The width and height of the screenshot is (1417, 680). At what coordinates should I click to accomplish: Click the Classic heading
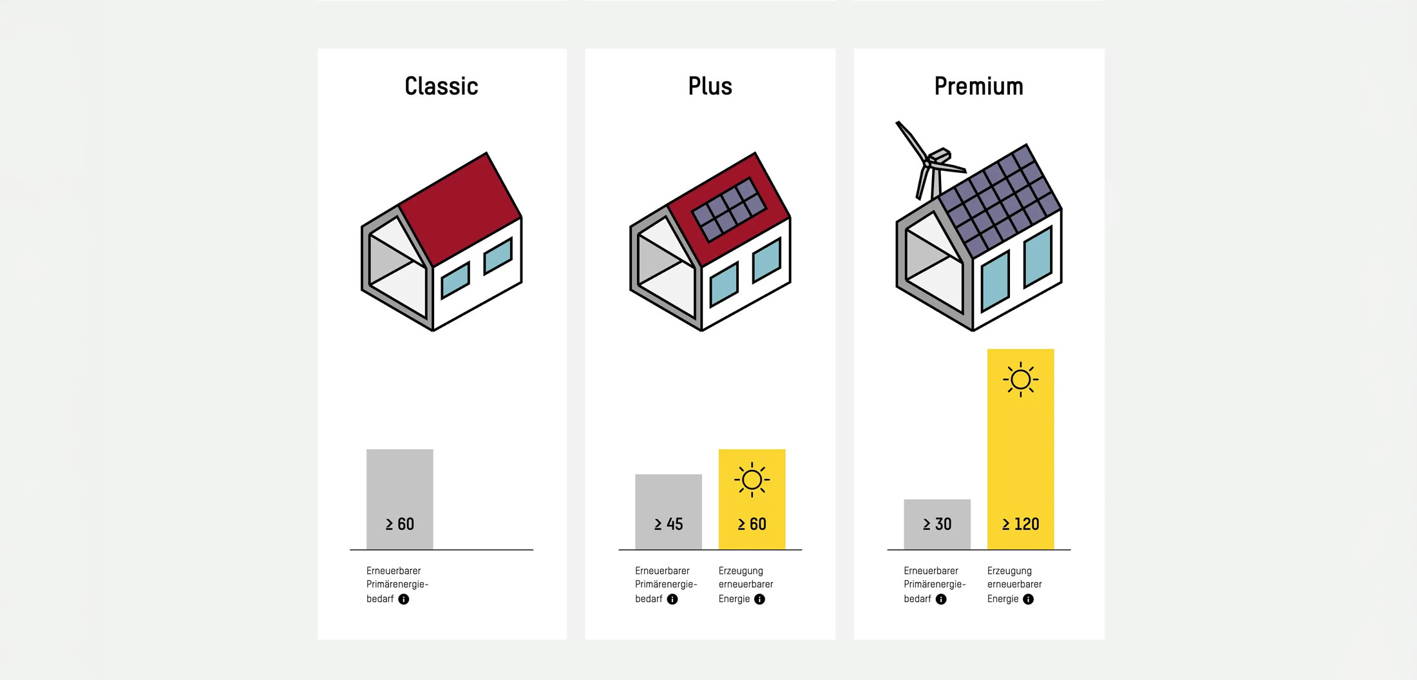[x=441, y=86]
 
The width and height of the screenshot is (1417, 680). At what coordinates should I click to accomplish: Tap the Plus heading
[x=710, y=86]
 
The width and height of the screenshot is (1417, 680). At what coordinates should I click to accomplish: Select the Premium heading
[x=978, y=86]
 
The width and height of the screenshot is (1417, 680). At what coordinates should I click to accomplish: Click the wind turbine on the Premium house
[x=929, y=161]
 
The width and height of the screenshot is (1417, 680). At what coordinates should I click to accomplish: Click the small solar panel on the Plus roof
[x=729, y=209]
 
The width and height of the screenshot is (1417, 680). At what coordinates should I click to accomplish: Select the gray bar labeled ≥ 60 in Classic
[x=400, y=499]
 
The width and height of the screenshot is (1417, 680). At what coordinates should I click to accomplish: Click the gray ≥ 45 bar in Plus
[x=669, y=512]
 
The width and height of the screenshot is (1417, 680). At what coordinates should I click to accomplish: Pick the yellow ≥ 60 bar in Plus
[x=752, y=499]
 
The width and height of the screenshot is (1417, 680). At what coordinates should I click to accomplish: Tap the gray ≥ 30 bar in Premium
[x=937, y=524]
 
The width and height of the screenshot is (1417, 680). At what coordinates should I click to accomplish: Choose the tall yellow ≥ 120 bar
[x=1021, y=449]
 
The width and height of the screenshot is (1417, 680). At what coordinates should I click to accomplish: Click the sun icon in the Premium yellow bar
[x=1021, y=379]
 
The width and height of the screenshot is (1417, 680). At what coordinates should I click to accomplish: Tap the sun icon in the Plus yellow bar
[x=752, y=480]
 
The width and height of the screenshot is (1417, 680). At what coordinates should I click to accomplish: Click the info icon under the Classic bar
[x=404, y=599]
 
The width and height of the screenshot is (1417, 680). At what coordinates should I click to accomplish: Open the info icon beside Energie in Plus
[x=760, y=599]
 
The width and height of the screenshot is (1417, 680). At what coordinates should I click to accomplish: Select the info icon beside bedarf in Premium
[x=941, y=599]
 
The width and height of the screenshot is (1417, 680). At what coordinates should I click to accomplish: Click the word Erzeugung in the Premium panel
[x=1009, y=571]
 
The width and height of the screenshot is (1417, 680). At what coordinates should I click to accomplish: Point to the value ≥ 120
[x=1021, y=524]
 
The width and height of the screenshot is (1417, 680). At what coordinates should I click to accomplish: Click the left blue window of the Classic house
[x=455, y=280]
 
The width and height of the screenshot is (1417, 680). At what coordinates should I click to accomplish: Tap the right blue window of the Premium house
[x=1038, y=257]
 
